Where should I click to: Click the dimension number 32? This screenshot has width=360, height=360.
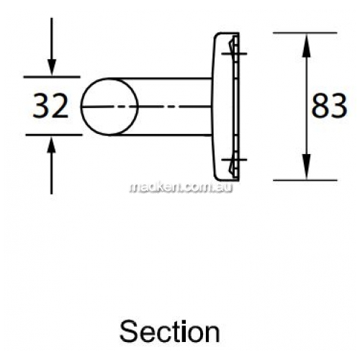coord(50,106)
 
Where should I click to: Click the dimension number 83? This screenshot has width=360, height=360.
coord(329,106)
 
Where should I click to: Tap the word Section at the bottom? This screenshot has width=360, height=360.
coord(170,332)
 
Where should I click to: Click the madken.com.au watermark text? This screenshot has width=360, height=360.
coord(181,187)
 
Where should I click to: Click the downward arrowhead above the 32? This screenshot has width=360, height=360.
coord(52,67)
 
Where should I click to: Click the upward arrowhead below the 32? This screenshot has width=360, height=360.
coord(51,145)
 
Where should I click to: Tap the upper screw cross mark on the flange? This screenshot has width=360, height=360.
coord(234,53)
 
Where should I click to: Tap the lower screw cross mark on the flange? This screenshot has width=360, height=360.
coord(234,159)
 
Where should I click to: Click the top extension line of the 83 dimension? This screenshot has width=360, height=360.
coord(305,32)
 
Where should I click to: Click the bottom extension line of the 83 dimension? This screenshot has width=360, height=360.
coord(305,180)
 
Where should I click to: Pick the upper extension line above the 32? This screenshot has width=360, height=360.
coord(52,77)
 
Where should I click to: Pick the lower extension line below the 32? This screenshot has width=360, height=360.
coord(54,135)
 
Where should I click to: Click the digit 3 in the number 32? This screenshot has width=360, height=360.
coord(41,106)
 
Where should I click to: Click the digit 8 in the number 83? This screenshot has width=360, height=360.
coord(320,106)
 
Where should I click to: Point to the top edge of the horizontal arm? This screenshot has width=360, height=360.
coord(160,78)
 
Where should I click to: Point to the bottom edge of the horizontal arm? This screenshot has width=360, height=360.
coord(160,135)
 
